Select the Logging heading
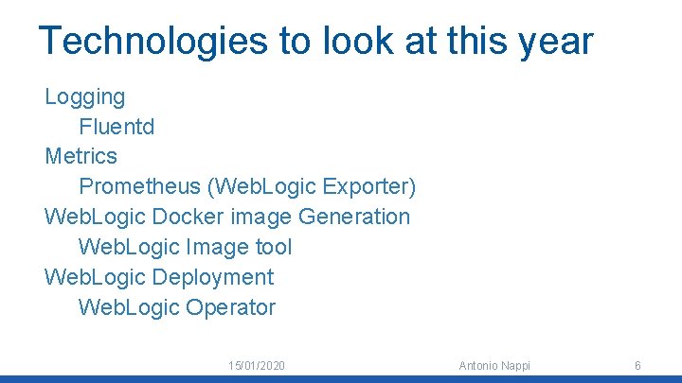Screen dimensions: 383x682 tap(85, 96)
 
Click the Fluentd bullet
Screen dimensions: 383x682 tap(117, 126)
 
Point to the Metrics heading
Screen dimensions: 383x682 tap(81, 156)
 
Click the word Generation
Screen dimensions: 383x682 tap(354, 217)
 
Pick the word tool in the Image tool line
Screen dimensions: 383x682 tap(275, 247)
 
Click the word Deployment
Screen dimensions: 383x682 tap(212, 277)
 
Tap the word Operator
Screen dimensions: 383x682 tap(231, 307)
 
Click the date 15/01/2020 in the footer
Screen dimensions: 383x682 tap(257, 365)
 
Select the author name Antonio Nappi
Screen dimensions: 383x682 tap(494, 365)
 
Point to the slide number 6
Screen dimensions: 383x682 tap(637, 365)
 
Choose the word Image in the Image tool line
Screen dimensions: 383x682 tap(218, 247)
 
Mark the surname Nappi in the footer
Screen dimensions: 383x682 tap(515, 365)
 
